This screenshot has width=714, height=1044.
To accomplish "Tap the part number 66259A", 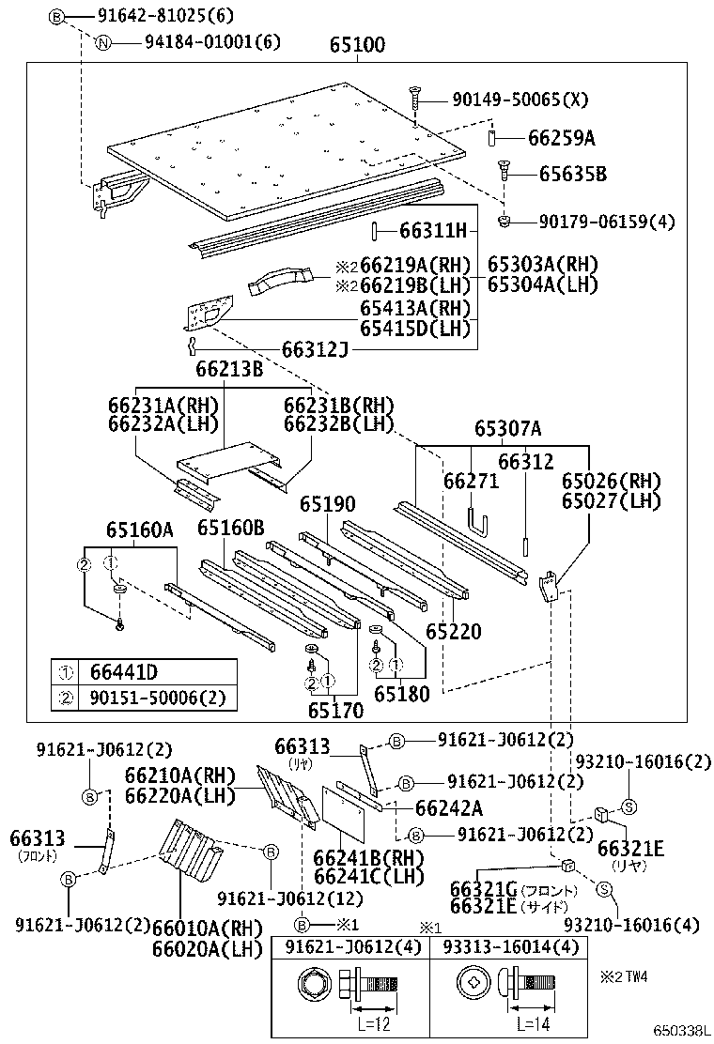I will pyautogui.click(x=560, y=139).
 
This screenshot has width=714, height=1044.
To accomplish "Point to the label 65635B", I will pyautogui.click(x=572, y=174).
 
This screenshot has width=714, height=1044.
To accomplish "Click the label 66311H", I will pyautogui.click(x=432, y=230).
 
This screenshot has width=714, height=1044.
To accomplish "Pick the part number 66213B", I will pyautogui.click(x=229, y=370).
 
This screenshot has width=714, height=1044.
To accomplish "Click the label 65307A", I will pyautogui.click(x=507, y=429).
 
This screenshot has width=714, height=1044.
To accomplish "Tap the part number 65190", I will pyautogui.click(x=329, y=504).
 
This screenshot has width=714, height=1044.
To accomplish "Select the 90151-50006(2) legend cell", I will pyautogui.click(x=150, y=698).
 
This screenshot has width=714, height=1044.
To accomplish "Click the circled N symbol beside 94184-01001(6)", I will pyautogui.click(x=105, y=42).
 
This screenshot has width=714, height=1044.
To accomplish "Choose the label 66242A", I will pyautogui.click(x=448, y=807).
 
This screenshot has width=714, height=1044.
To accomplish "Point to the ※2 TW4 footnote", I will pyautogui.click(x=624, y=977).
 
